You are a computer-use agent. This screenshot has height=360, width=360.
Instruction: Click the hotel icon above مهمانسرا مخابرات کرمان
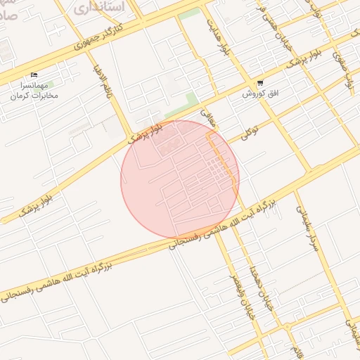tap(34, 75)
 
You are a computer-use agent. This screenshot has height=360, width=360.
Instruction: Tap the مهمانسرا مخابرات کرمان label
tap(34, 89)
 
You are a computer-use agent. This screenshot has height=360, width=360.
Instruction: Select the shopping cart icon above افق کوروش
tap(260, 83)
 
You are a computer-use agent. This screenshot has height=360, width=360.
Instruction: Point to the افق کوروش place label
tap(261, 94)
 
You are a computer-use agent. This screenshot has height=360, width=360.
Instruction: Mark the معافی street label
tap(206, 115)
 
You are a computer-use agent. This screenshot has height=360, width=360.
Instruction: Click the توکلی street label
tap(249, 130)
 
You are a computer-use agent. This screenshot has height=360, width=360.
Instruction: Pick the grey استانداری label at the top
tap(99, 8)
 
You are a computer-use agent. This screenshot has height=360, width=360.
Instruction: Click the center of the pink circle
tap(180, 179)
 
